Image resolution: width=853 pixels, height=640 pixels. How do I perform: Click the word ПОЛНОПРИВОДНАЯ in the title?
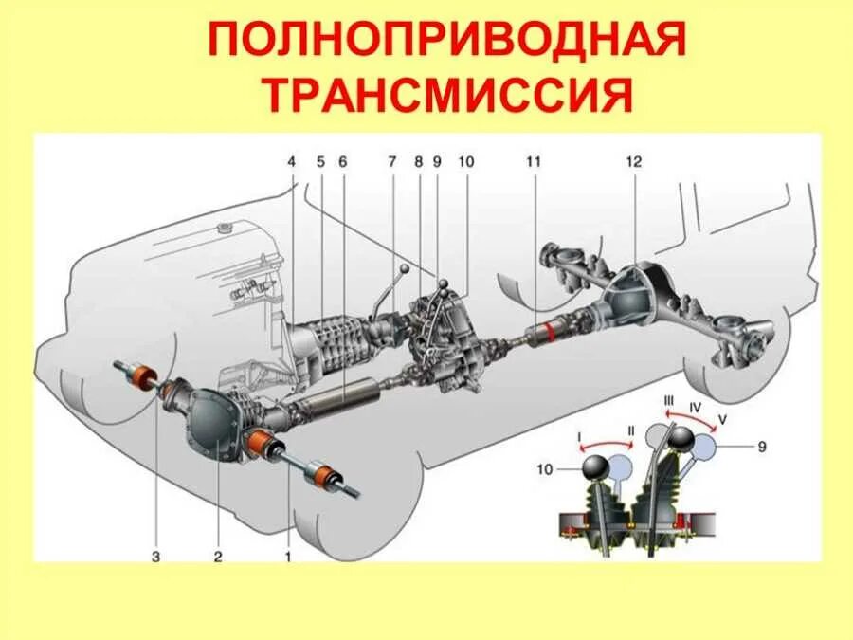click(x=445, y=44)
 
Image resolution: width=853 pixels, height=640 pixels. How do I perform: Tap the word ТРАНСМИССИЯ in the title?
click(x=445, y=95)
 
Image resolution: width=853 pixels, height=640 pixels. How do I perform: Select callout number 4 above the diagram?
click(x=293, y=162)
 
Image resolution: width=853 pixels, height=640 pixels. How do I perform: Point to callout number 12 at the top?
click(x=633, y=162)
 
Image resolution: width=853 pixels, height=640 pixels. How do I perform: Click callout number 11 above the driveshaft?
click(x=534, y=162)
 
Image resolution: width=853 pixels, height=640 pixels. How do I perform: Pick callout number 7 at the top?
click(x=391, y=162)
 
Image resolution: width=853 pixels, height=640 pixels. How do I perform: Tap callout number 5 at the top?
click(x=321, y=162)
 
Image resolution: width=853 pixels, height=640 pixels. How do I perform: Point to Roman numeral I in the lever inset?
click(x=578, y=437)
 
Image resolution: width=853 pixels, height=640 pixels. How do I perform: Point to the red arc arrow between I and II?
click(x=605, y=445)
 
